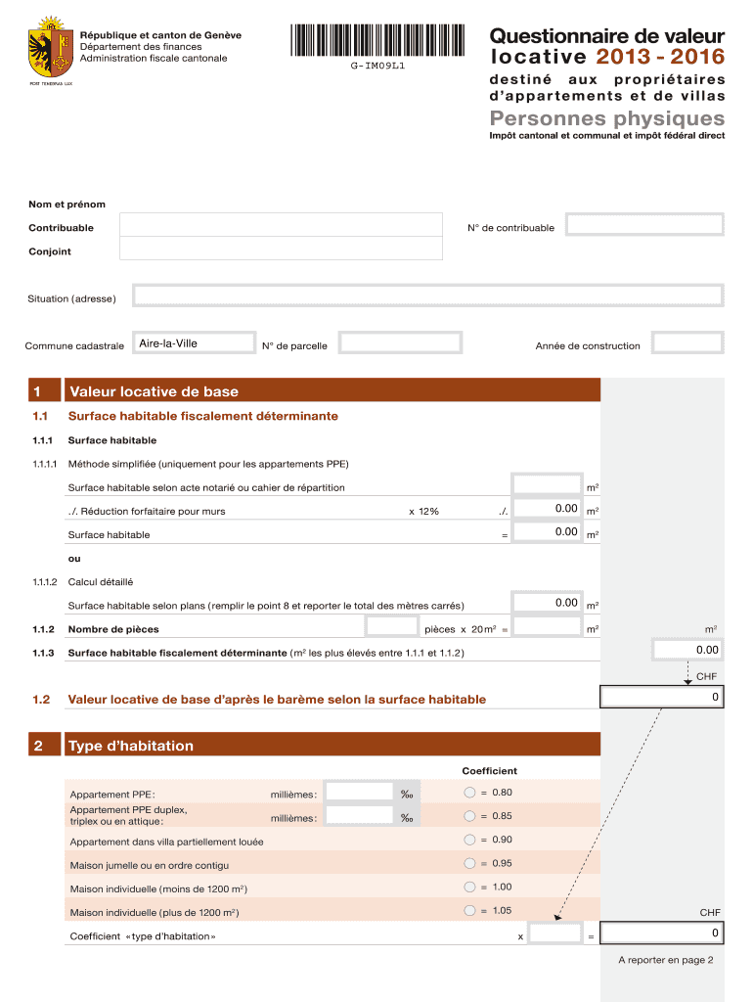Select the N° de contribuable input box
(x=645, y=226)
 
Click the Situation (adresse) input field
(x=427, y=296)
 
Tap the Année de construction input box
(x=687, y=343)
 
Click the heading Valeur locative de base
(x=153, y=391)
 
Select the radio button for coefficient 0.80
(x=469, y=792)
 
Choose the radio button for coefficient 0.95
(x=469, y=863)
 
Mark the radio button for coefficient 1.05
(x=469, y=910)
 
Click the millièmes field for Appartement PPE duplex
(x=358, y=816)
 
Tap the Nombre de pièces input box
(x=391, y=626)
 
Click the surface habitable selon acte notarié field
(x=548, y=484)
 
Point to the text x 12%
(x=423, y=511)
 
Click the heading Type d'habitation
(x=131, y=746)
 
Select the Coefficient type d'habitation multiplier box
(x=555, y=934)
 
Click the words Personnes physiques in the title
(x=607, y=118)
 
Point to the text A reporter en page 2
(x=665, y=960)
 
